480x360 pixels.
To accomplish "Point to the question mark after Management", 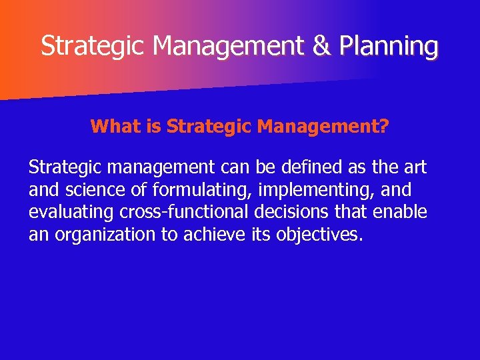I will point(384,126).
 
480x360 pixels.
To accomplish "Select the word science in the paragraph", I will point(97,190).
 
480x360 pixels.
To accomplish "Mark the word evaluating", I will point(69,213).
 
